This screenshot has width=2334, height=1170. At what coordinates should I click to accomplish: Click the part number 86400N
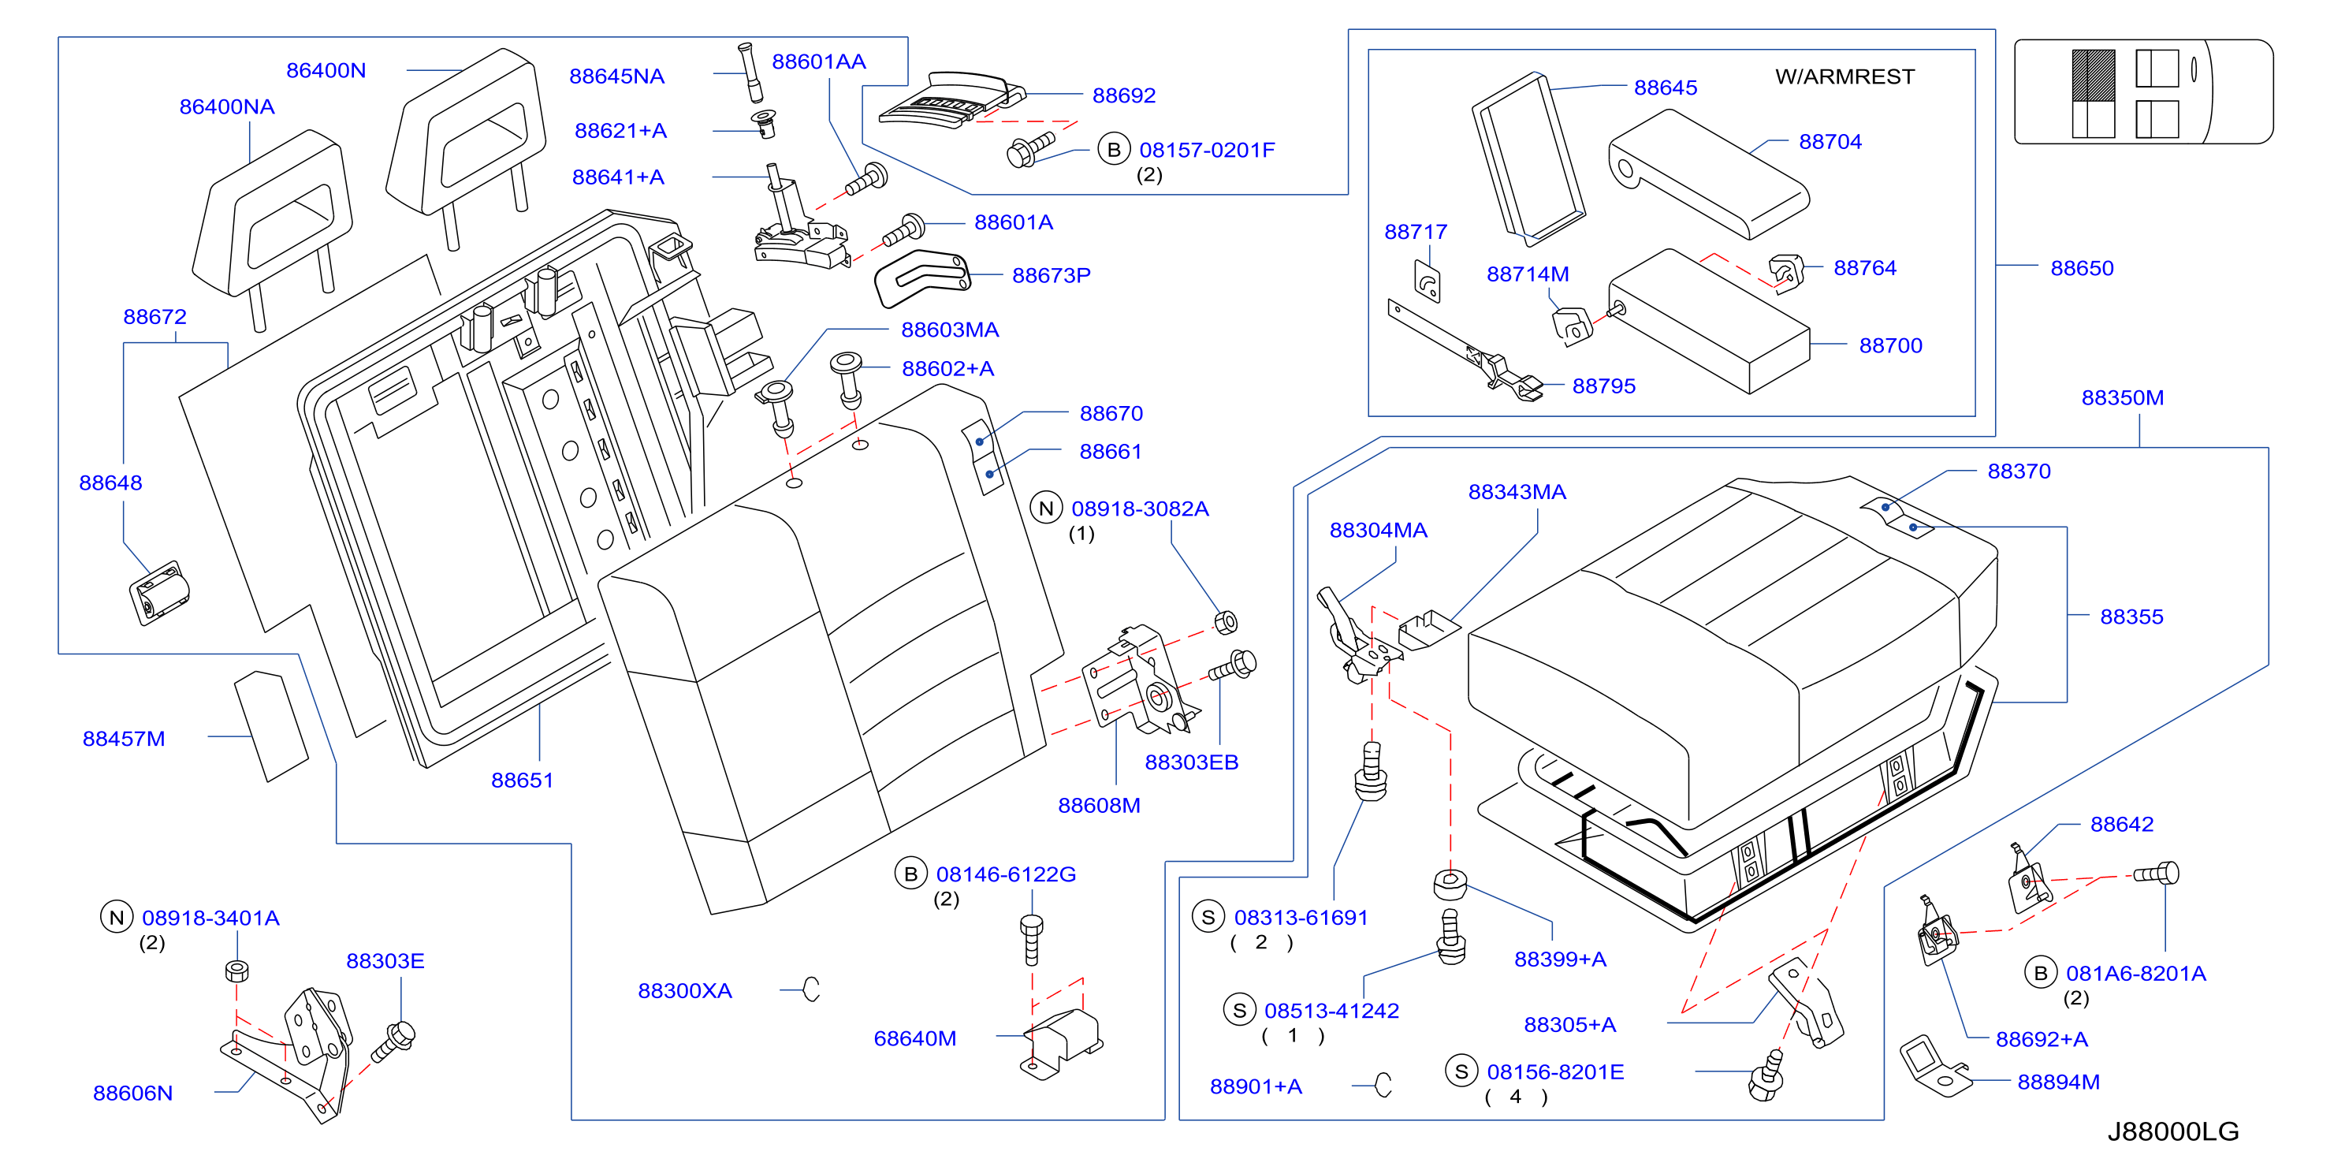coord(326,70)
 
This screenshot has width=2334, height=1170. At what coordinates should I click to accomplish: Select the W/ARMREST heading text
coord(1844,76)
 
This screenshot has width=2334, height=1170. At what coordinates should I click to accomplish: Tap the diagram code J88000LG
coord(2172,1131)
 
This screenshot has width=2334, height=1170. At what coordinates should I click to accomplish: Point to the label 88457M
coord(124,739)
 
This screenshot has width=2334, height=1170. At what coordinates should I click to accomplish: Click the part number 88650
coord(2082,268)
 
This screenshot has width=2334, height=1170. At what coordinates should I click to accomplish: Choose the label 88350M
coord(2123,398)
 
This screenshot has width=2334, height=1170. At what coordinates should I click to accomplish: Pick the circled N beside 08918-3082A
coord(1047,509)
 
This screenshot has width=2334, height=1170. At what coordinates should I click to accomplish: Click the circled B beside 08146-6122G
coord(910,874)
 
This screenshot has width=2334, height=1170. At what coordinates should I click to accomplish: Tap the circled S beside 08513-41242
coord(1239,1011)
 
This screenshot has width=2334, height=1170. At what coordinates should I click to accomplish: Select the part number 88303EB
coord(1192,762)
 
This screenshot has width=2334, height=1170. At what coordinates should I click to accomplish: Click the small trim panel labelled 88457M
coord(271,725)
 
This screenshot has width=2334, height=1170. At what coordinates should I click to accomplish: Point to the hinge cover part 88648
coord(159,592)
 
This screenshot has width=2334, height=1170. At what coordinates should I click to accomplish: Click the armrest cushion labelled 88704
coord(1708,173)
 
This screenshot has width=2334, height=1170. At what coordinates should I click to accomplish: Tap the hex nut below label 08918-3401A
coord(236,971)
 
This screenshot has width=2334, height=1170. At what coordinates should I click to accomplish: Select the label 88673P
coord(1051,275)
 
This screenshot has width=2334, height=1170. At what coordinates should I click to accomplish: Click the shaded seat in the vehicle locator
coord(2093,75)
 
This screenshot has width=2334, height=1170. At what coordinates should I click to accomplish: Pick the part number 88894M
coord(2059,1082)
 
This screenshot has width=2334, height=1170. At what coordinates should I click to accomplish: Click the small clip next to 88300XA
coord(812,989)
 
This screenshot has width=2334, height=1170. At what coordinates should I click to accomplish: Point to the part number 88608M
coord(1099,805)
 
